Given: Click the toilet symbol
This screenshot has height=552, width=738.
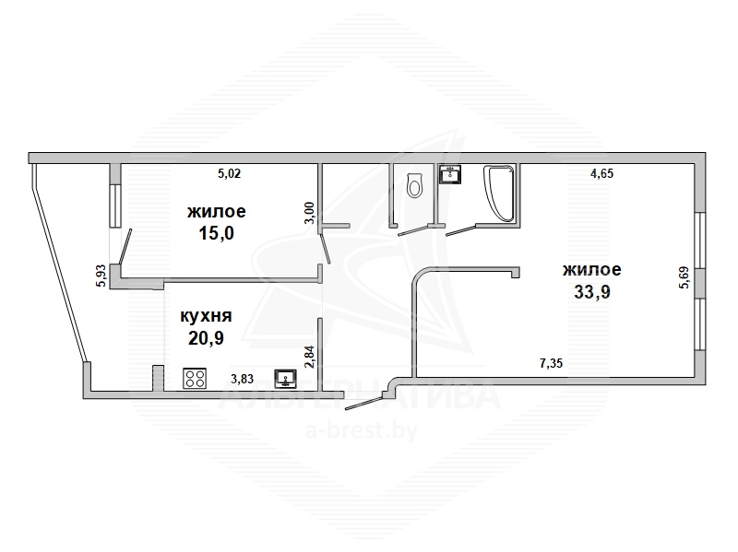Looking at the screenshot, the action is click(414, 184).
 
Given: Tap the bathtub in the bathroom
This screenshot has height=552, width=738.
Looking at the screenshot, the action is click(498, 193).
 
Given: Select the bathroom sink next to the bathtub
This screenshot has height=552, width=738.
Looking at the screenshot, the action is click(450, 173).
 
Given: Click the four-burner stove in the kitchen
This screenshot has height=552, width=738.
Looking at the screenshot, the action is click(195, 378).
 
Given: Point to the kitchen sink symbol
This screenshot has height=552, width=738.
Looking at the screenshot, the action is click(285, 379).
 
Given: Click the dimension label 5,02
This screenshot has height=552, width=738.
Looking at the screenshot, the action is click(229, 174).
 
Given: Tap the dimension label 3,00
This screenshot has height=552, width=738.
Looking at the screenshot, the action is click(309, 213).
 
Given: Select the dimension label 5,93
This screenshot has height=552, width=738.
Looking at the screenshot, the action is click(101, 276).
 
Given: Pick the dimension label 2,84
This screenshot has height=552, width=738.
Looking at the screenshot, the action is click(309, 357).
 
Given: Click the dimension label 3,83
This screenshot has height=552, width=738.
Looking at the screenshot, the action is click(243, 379).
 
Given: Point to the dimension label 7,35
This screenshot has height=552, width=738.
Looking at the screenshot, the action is click(551, 363).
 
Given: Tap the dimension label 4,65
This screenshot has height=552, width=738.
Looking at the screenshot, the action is click(602, 173).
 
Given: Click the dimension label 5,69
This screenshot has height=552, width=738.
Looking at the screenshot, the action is click(684, 278).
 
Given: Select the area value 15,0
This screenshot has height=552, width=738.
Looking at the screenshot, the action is click(217, 233).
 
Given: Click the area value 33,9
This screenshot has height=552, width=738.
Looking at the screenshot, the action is click(592, 292).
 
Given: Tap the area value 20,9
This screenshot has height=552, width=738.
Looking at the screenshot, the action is click(206, 337).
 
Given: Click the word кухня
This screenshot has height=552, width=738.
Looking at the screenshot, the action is click(206, 316).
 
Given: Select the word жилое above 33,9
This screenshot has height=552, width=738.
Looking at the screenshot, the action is click(591, 270).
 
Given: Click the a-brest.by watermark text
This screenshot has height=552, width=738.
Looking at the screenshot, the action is click(362, 429).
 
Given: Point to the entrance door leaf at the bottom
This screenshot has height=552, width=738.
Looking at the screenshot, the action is click(363, 403).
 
